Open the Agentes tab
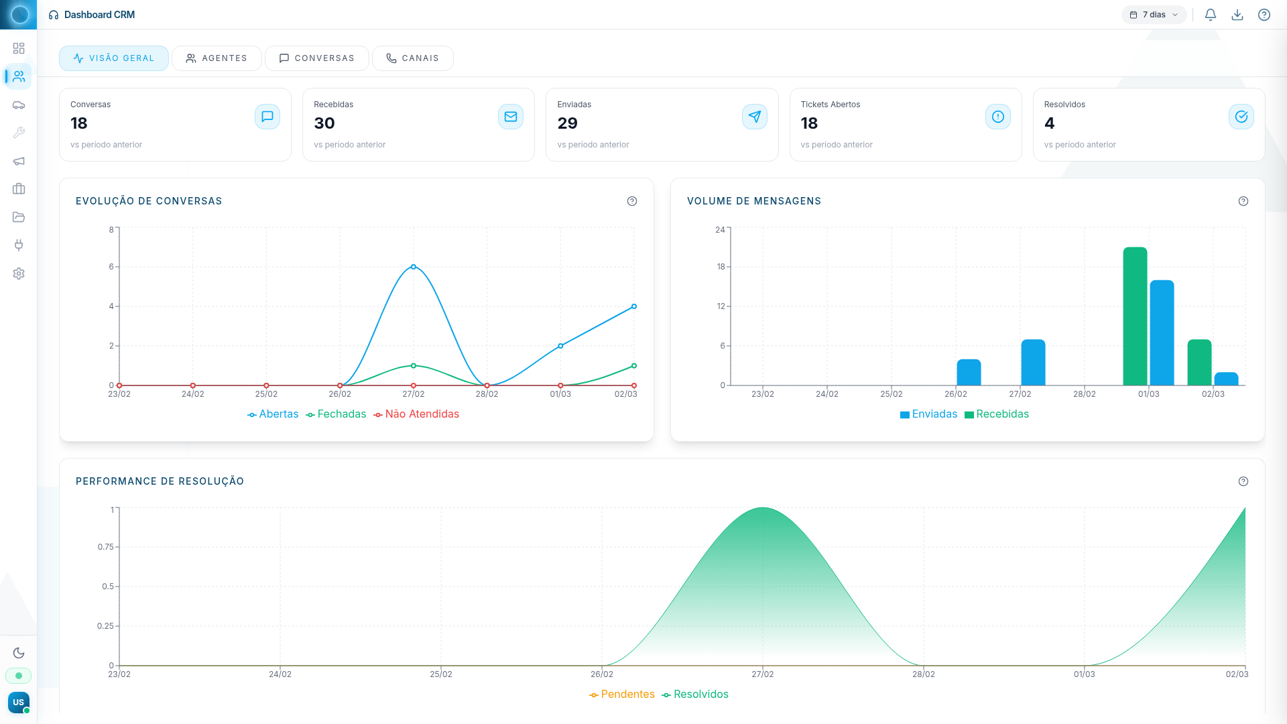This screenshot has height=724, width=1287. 217,58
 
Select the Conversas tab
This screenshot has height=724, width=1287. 316,58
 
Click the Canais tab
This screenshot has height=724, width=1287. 412,58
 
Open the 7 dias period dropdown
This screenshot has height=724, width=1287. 1154,15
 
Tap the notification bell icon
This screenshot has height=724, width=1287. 1211,15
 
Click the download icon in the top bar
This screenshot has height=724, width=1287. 1237,15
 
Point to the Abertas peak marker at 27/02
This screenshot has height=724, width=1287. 414,267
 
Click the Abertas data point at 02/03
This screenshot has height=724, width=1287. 634,306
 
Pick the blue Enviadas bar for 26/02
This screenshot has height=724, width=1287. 969,373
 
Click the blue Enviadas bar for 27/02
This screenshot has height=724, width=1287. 1033,363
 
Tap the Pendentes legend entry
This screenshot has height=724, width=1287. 622,695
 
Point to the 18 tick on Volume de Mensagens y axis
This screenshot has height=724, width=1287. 721,267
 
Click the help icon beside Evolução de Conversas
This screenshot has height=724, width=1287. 632,201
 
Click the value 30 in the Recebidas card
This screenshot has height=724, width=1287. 324,123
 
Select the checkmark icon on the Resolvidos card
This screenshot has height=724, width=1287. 1241,117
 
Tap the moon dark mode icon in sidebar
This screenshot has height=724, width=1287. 19,653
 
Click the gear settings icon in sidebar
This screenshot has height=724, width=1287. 19,274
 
